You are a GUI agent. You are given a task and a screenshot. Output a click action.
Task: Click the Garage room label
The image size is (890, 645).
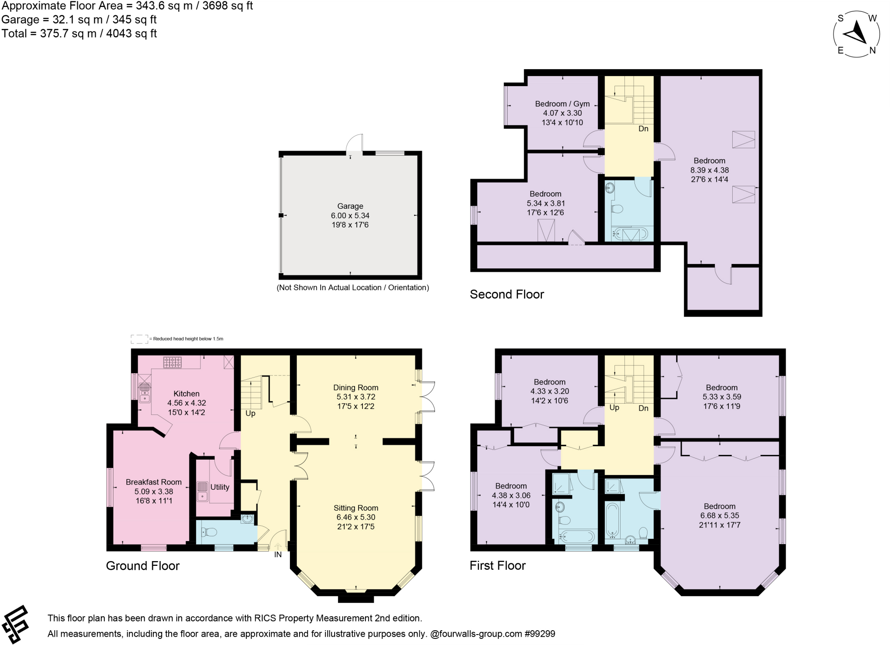point(350,206)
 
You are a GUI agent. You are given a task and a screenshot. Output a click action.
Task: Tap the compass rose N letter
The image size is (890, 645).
point(872,50)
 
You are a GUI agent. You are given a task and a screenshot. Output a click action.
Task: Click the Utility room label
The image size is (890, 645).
point(219,487)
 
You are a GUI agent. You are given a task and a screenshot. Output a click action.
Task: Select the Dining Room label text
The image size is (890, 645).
point(355,388)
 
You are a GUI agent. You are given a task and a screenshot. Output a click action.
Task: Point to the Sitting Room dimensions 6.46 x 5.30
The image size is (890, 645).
point(355,517)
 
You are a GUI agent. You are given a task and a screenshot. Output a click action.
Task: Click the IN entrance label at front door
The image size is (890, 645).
point(278,555)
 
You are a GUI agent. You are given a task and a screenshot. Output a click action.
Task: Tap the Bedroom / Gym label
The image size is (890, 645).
point(562,104)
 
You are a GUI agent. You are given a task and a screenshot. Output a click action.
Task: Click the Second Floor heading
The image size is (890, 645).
point(507,294)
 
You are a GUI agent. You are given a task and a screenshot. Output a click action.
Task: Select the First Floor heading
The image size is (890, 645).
point(498,565)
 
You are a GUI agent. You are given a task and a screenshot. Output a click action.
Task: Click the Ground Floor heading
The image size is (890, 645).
point(143,566)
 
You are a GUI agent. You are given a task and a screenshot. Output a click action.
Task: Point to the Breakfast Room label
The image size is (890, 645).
point(153,482)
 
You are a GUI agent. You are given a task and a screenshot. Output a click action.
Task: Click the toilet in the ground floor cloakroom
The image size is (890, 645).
point(210,532)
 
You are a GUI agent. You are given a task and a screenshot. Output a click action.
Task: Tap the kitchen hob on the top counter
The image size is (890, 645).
point(173,362)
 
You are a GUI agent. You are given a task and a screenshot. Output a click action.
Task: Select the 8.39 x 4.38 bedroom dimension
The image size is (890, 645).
point(709,170)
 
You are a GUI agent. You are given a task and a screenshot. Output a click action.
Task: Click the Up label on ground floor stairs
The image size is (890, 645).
point(250,413)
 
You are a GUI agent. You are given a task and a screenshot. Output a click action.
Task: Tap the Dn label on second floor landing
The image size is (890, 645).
point(643,129)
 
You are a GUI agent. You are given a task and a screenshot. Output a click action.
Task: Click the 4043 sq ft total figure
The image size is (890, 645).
point(131,33)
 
